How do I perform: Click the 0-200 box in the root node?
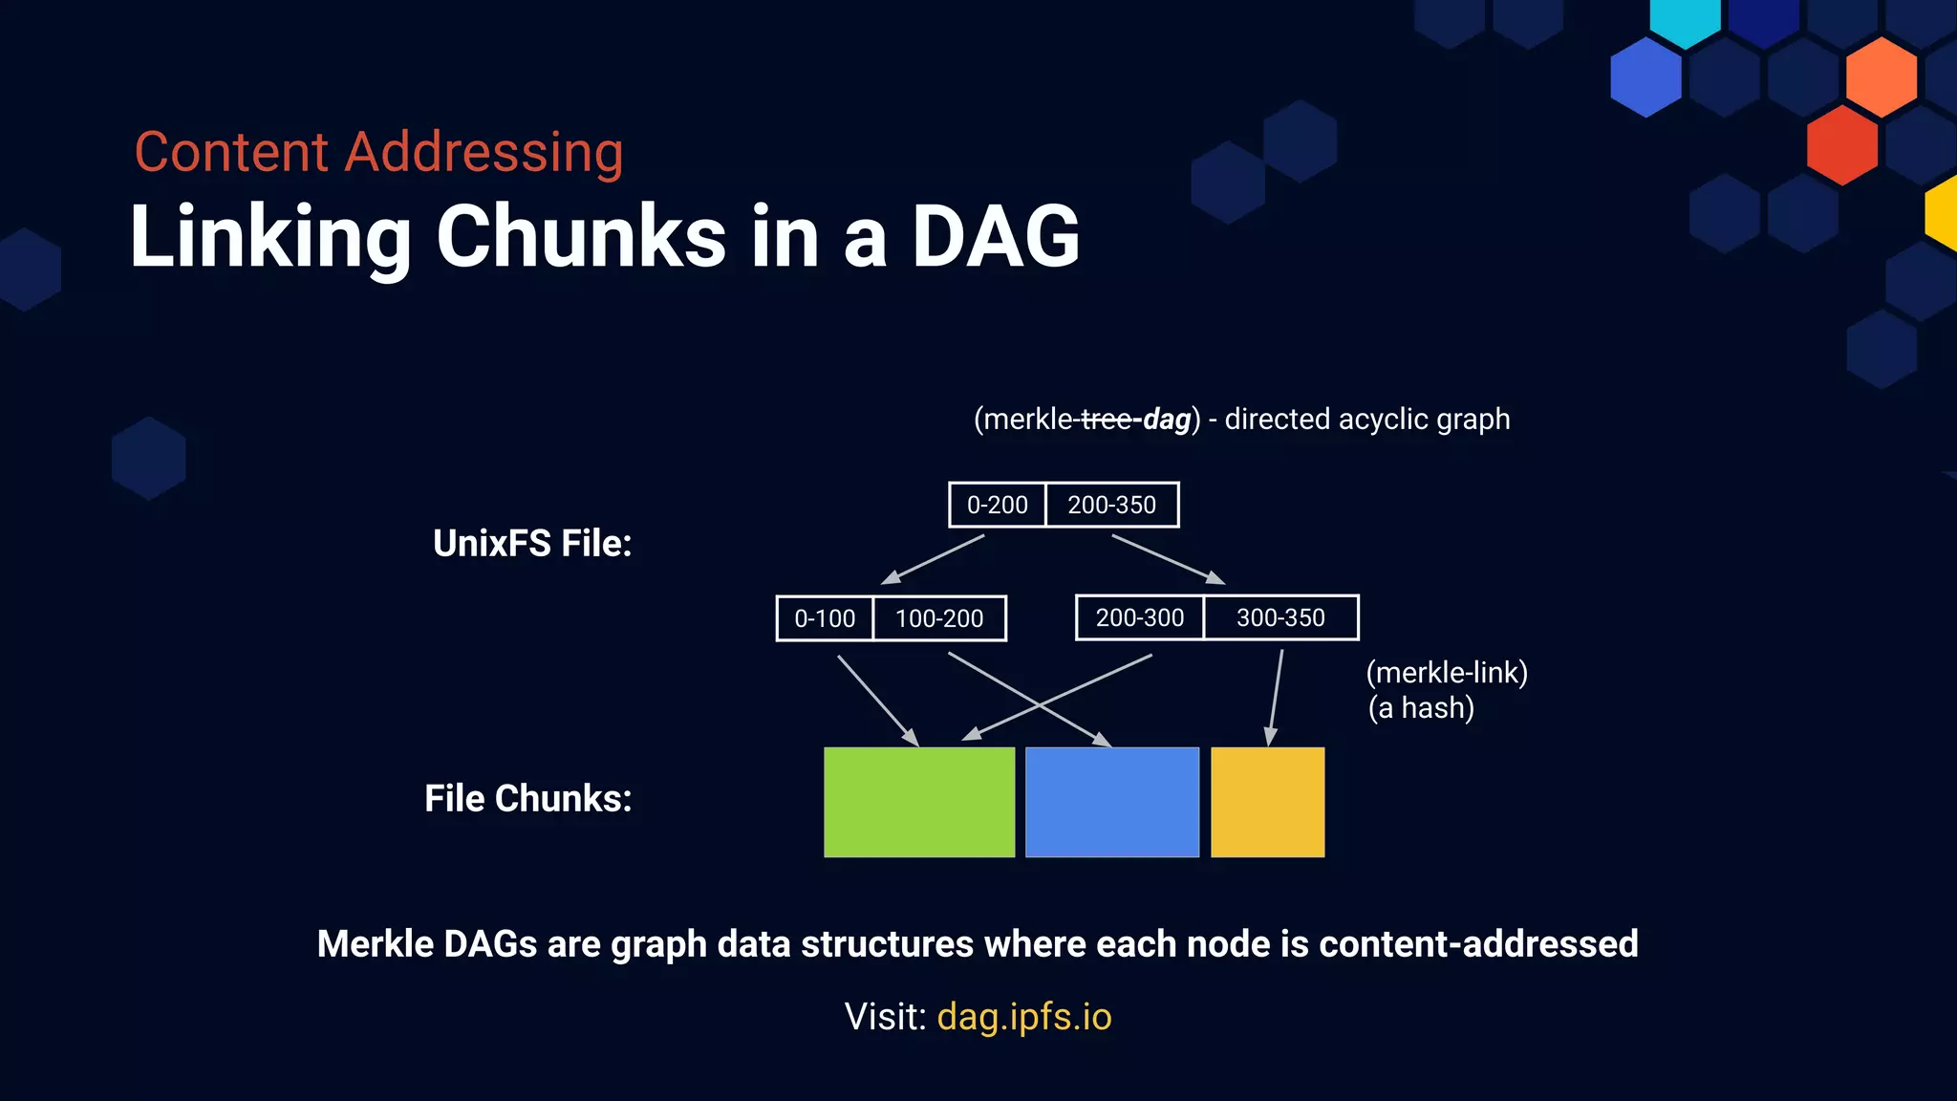pyautogui.click(x=997, y=505)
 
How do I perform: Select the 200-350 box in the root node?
pyautogui.click(x=1111, y=505)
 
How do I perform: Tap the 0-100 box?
pyautogui.click(x=825, y=618)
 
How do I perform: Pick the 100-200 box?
pyautogui.click(x=939, y=618)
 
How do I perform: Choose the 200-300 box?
pyautogui.click(x=1139, y=617)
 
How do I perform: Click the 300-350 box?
pyautogui.click(x=1280, y=617)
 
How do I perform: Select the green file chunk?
pyautogui.click(x=918, y=802)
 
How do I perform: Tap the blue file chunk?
pyautogui.click(x=1111, y=802)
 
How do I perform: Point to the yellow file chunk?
pyautogui.click(x=1267, y=802)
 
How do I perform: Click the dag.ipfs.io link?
pyautogui.click(x=1023, y=1017)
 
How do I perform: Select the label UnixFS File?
pyautogui.click(x=532, y=543)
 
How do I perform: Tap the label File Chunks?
pyautogui.click(x=527, y=798)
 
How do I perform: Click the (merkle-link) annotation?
pyautogui.click(x=1446, y=673)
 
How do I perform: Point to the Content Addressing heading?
pyautogui.click(x=378, y=152)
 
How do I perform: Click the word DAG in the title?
pyautogui.click(x=995, y=236)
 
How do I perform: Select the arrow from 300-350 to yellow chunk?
pyautogui.click(x=1276, y=698)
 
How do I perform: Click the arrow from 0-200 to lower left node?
pyautogui.click(x=933, y=559)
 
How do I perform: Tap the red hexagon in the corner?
pyautogui.click(x=1841, y=145)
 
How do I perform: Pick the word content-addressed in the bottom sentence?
pyautogui.click(x=1478, y=943)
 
